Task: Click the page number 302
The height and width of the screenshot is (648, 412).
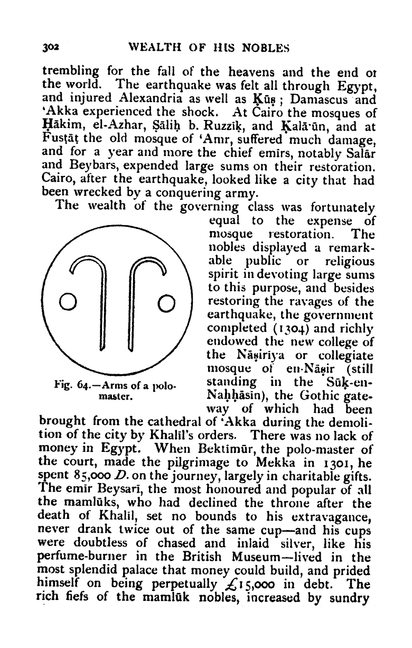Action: point(51,48)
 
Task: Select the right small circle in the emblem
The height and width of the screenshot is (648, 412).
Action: point(165,303)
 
